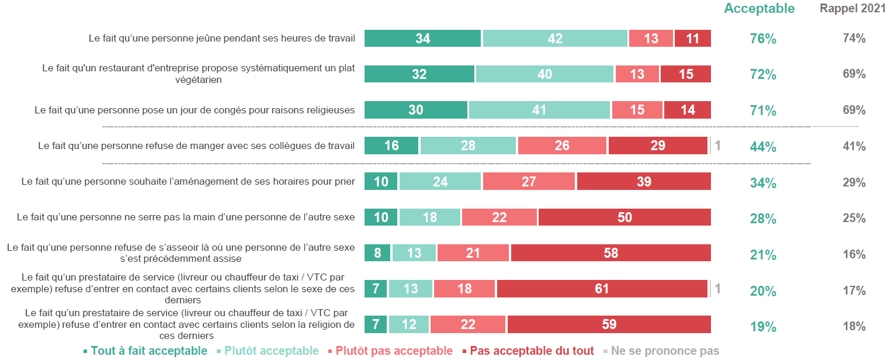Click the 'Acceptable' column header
pos(759,9)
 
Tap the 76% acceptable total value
pos(763,39)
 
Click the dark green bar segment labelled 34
pos(423,39)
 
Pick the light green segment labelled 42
pos(555,39)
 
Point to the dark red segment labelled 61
pos(602,289)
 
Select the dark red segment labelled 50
pos(625,217)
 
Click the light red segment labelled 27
pos(529,182)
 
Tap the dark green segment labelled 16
pos(391,146)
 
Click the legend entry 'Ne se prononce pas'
pos(665,351)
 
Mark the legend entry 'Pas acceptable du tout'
pos(532,351)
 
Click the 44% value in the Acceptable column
pos(763,147)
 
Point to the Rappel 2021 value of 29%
pos(854,183)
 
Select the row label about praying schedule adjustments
pos(188,182)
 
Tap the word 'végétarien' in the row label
pos(199,79)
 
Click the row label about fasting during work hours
pos(221,39)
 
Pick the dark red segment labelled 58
pos(610,253)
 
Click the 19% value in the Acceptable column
pos(763,327)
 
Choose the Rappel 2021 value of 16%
pos(854,255)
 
